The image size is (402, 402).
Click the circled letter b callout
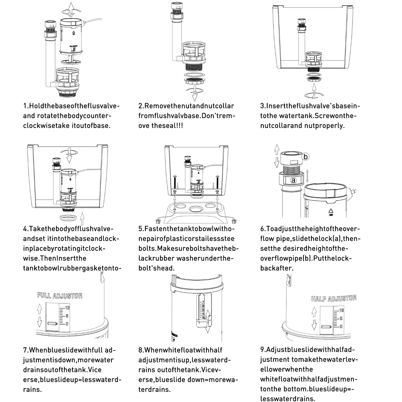pos(305,157)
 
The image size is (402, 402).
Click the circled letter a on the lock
pos(293,180)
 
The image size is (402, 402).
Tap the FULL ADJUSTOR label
pos(60,296)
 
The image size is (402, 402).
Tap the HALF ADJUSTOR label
pos(334,298)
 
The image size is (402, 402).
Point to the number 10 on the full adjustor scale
pos(67,308)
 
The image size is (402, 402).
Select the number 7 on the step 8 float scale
pos(203,302)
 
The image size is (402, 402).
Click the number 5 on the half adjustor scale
pos(341,319)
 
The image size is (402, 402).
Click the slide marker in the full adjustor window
pos(52,324)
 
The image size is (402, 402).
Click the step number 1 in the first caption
pos(25,106)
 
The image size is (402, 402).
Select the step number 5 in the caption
pos(140,229)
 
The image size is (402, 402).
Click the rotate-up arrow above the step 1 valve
pos(72,9)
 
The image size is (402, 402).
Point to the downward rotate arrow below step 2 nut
pos(194,94)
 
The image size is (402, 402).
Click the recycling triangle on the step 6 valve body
pos(330,211)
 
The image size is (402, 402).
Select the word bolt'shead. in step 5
pos(156,268)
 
